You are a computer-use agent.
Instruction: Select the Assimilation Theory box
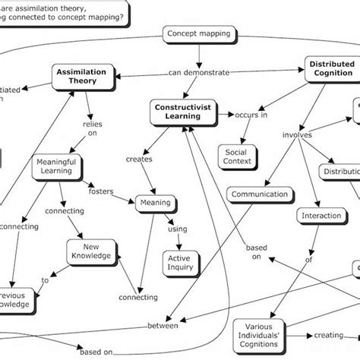click(x=84, y=75)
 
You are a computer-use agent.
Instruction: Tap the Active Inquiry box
click(x=180, y=262)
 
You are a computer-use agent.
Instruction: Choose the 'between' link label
click(x=162, y=326)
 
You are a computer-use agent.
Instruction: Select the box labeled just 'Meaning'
click(x=154, y=203)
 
